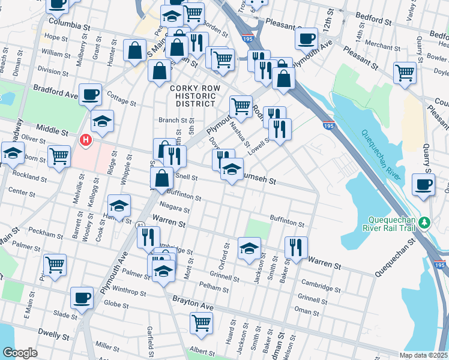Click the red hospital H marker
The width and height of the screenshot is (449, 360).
coord(86,140)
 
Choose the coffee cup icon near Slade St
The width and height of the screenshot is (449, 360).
coord(82,298)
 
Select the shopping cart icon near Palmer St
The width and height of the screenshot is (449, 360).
coord(55,265)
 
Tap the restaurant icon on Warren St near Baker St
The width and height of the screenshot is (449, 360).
coord(296,246)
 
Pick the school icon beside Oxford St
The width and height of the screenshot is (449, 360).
coord(249,248)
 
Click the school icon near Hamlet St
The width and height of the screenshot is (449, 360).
coord(119,206)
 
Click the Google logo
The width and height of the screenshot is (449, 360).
coord(20,353)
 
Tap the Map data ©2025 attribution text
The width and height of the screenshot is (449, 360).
coord(423,355)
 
